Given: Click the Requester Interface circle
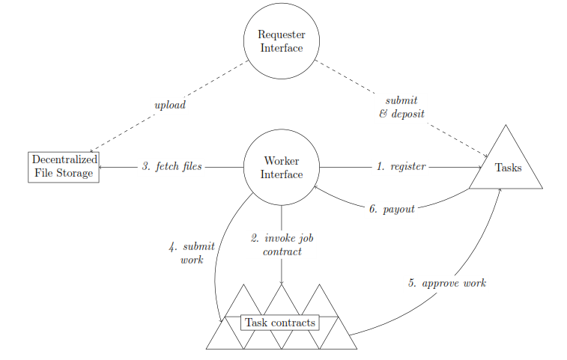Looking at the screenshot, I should point(281,41).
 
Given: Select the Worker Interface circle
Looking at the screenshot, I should point(281,168).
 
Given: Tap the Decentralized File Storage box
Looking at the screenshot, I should point(64,168).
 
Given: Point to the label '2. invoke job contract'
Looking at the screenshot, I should point(282,245).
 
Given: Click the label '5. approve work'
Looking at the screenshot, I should point(447,283).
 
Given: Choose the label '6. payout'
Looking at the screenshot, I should point(392,209).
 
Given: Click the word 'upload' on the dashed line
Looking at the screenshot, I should point(169,106).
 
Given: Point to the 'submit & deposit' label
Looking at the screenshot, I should point(401,107).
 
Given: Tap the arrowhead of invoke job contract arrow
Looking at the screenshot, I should point(282,282).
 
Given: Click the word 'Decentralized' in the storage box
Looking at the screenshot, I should point(64,160).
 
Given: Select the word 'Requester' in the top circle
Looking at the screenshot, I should point(281,34).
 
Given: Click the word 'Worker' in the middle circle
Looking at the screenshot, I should point(281,161).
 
